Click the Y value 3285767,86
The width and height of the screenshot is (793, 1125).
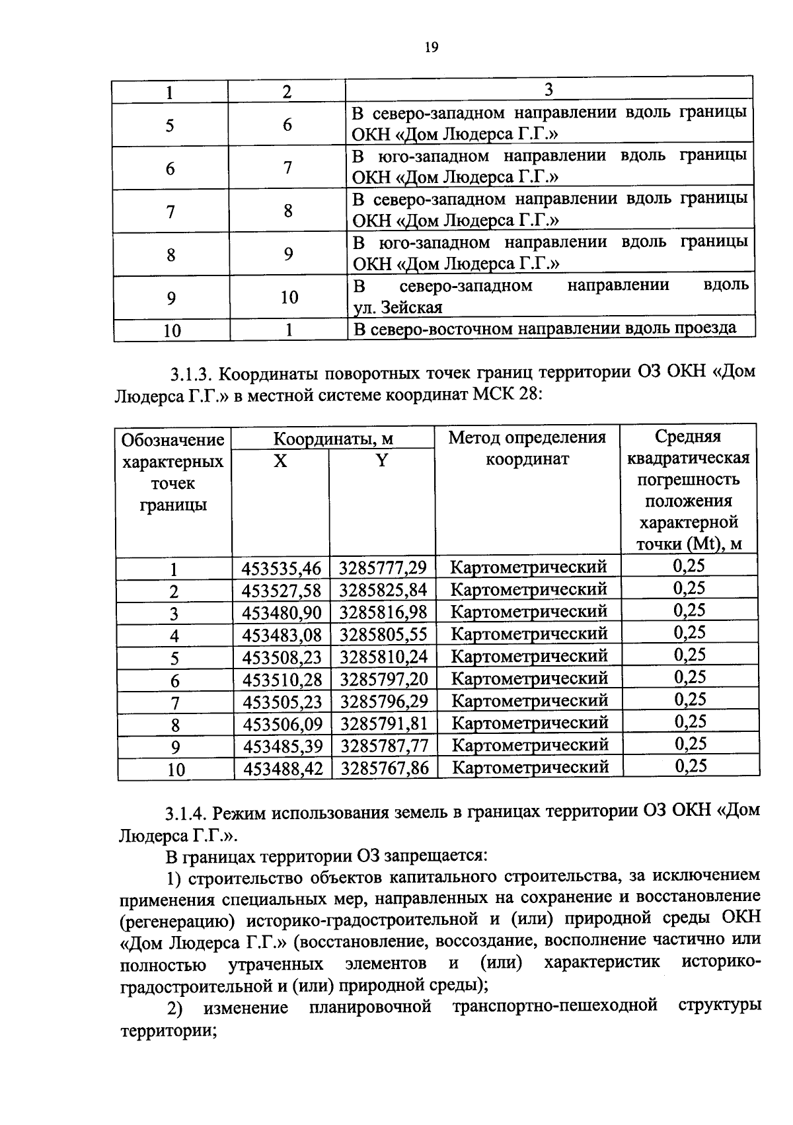(x=384, y=768)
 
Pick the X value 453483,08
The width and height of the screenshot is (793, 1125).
(x=282, y=635)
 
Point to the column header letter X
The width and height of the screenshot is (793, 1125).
(x=281, y=460)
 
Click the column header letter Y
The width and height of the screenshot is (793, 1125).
(x=382, y=460)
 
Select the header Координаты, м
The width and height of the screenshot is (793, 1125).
(x=334, y=439)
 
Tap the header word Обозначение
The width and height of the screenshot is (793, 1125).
(x=173, y=440)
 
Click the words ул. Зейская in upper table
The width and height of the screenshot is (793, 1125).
(x=397, y=307)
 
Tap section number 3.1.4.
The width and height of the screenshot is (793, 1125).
(x=188, y=813)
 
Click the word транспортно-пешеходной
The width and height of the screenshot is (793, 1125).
(x=555, y=1006)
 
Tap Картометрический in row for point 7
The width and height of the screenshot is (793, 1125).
(x=529, y=700)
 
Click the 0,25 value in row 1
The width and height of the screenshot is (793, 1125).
(x=689, y=565)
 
